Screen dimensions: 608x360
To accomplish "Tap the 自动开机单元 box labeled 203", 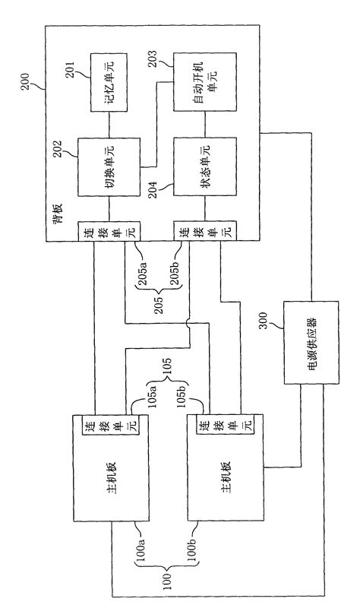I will click(203, 84).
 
